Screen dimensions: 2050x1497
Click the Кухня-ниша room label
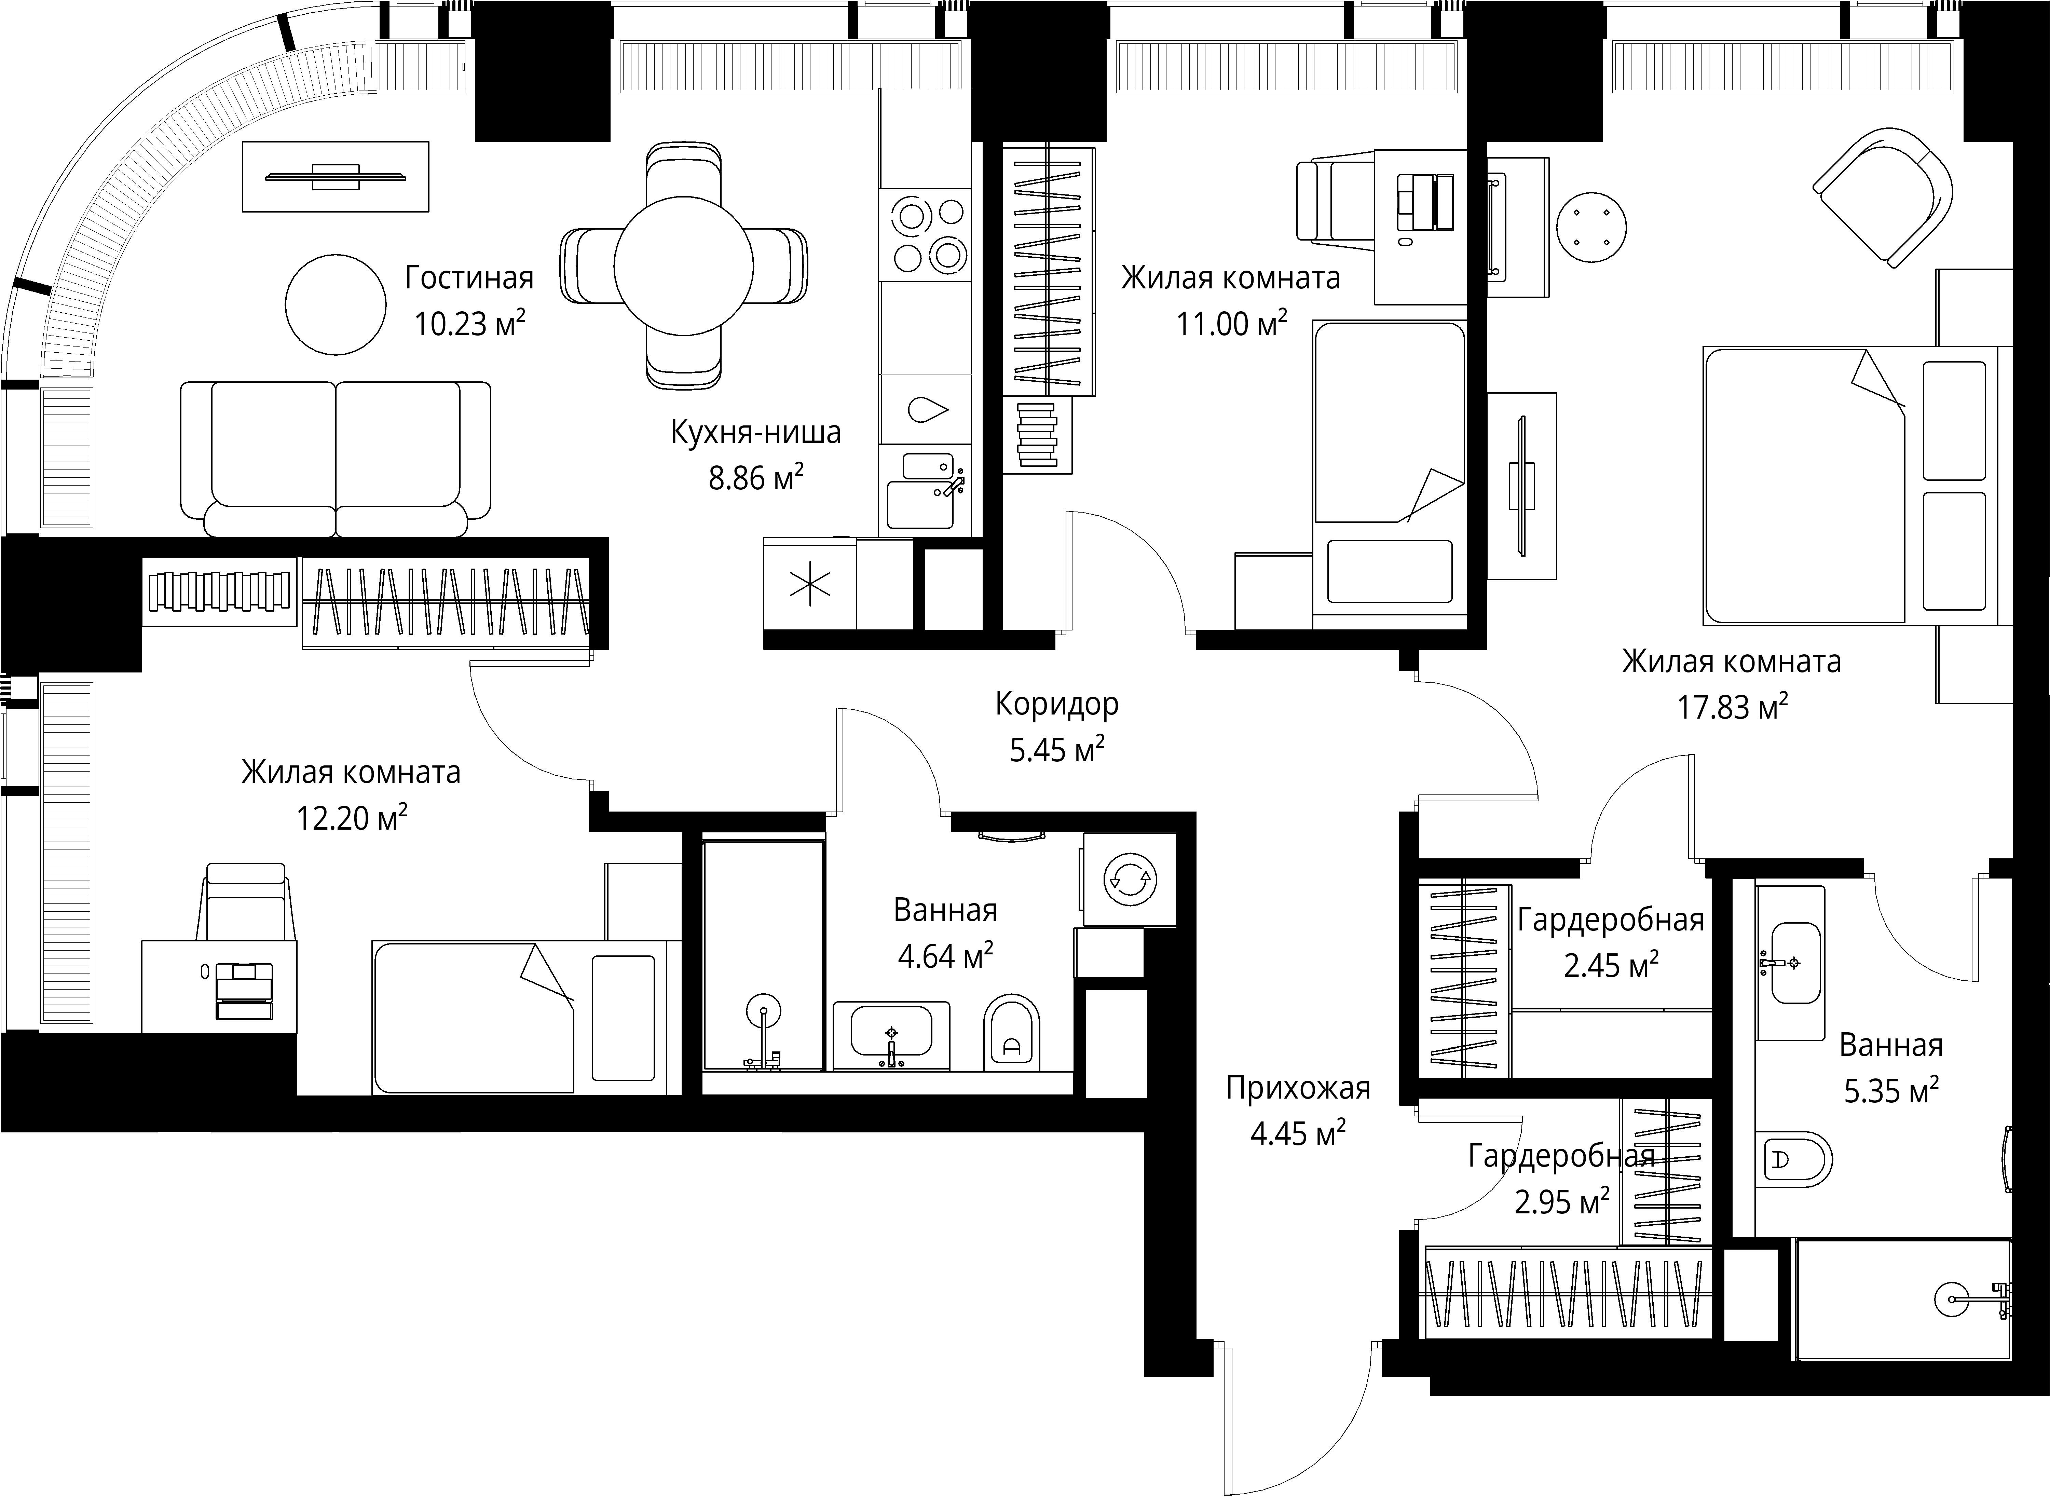pos(755,432)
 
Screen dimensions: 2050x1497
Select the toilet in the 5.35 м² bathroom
pos(1794,1158)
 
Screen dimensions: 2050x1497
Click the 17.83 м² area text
pos(1733,707)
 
